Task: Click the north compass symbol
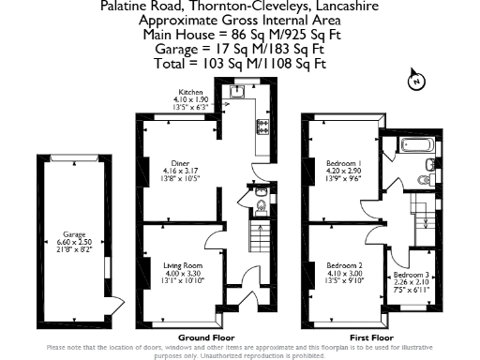(x=413, y=82)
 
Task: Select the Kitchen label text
(x=191, y=92)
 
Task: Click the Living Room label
(x=180, y=265)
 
